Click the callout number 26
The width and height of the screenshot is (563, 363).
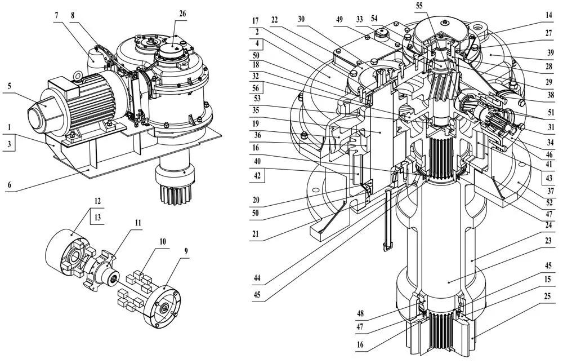point(183,14)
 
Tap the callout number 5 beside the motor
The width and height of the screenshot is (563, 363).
point(10,86)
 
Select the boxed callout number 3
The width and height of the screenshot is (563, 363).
point(10,144)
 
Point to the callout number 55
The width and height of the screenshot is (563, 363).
point(419,6)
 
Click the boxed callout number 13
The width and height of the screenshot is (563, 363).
point(97,218)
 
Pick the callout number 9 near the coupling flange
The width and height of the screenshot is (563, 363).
point(186,251)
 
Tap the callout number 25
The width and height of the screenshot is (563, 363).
point(547,296)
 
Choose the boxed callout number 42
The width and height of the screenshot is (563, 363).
point(257,176)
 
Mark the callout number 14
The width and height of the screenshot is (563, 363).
point(548,15)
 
